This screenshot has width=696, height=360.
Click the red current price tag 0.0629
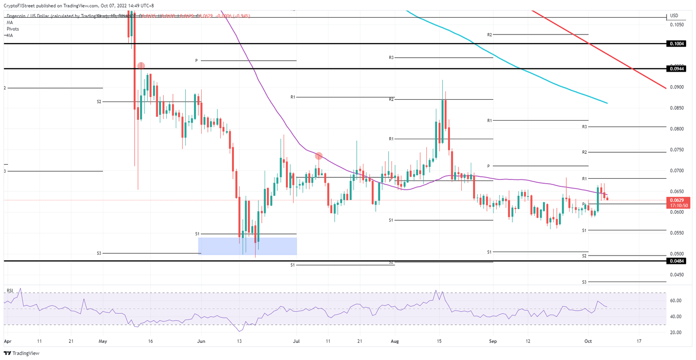(x=677, y=200)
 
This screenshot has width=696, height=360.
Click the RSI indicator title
(x=10, y=290)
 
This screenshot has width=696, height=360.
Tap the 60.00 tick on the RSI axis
(x=676, y=301)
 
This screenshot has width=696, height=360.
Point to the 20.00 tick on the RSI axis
(x=676, y=332)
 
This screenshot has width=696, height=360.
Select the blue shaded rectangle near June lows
(x=247, y=246)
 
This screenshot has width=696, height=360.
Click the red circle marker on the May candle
(x=141, y=66)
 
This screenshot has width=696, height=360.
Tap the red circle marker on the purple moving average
(x=319, y=156)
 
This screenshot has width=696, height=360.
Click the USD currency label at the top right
(x=674, y=16)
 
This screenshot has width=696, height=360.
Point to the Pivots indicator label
(x=13, y=29)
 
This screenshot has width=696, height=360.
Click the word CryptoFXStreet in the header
(x=20, y=6)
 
